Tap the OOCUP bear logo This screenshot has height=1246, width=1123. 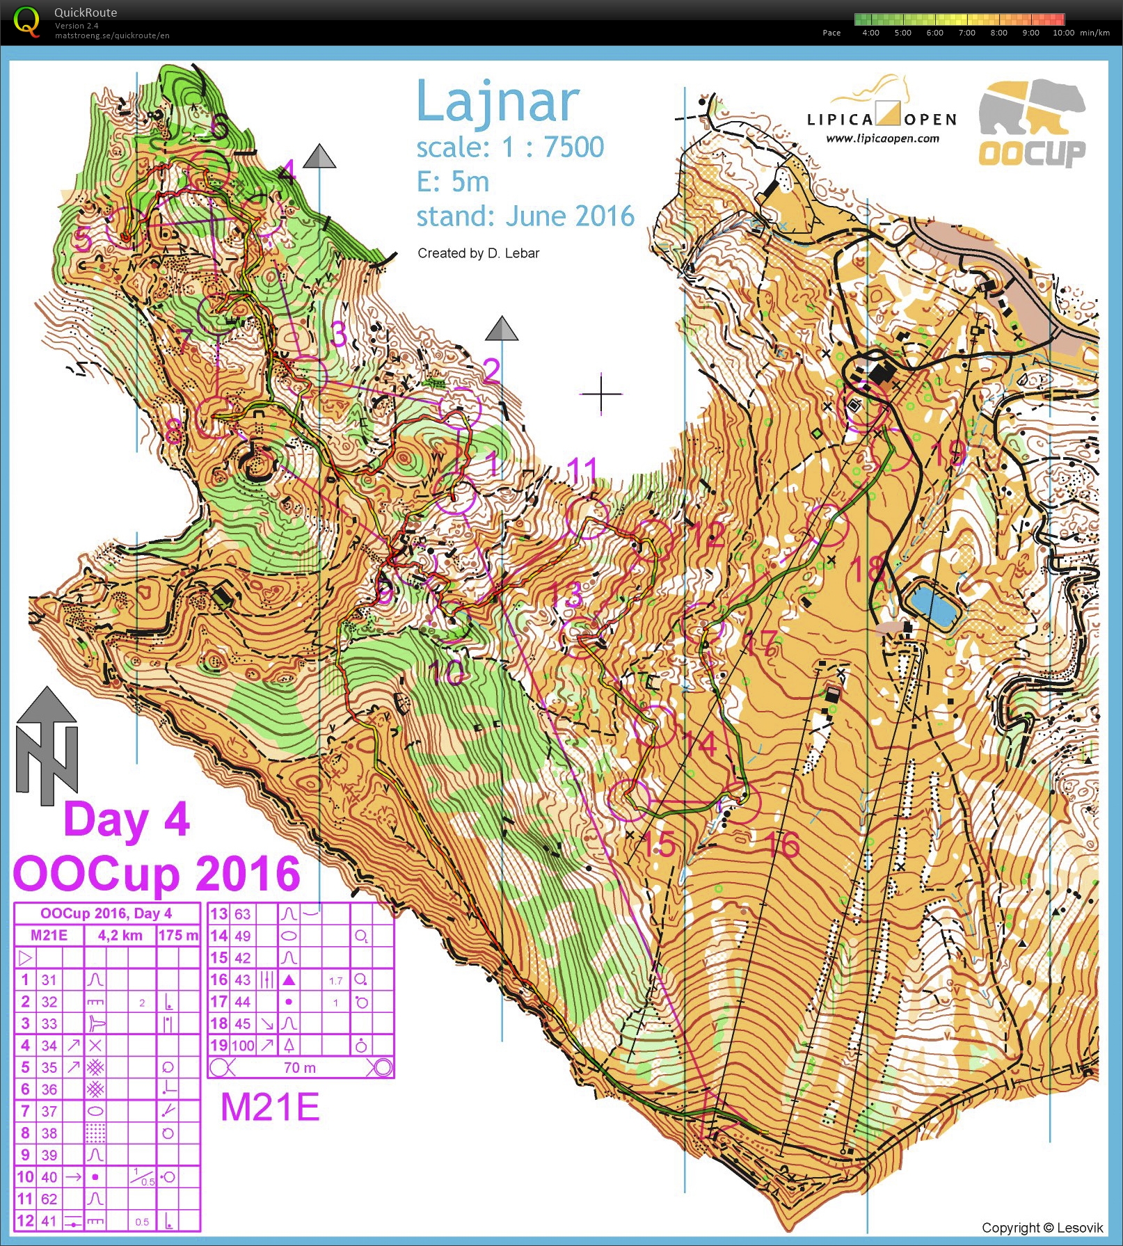tap(1032, 122)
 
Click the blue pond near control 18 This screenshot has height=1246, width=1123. tap(932, 604)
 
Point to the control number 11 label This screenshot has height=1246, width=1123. tap(582, 471)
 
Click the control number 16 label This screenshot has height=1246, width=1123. tap(781, 845)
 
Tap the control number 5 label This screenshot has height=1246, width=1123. tap(83, 239)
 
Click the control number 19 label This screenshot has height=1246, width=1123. tap(948, 453)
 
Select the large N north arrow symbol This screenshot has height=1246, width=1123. tap(47, 747)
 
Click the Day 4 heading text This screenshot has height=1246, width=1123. tap(127, 819)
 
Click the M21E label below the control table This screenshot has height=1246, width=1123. tap(270, 1108)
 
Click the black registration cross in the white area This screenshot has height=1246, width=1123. tap(601, 394)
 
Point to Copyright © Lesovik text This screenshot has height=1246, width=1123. tap(1042, 1228)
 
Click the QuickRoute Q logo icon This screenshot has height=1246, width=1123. tap(26, 22)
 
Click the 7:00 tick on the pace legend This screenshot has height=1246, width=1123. tap(966, 33)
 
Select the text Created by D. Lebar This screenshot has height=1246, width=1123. tap(478, 253)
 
